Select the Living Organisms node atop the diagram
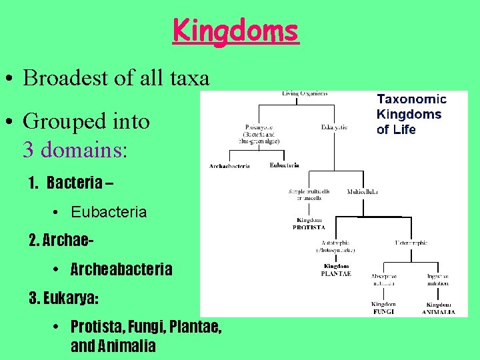tap(305, 94)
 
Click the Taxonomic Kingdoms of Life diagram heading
tap(411, 114)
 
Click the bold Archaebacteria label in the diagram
tap(229, 165)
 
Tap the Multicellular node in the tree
tap(362, 192)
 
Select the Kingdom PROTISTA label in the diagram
tap(309, 223)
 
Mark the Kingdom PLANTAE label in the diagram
tap(335, 270)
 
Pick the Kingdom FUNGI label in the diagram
tap(383, 307)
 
